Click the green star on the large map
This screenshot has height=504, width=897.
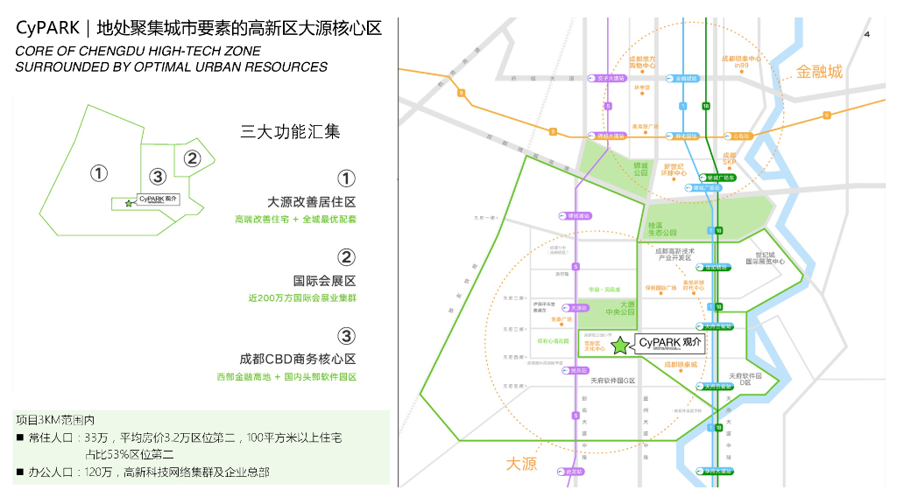tap(620, 346)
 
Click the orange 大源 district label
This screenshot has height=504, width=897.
tap(521, 463)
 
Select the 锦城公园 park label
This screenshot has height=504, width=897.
tap(641, 169)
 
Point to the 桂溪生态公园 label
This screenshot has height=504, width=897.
tap(662, 229)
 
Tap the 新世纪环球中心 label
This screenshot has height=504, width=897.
tap(674, 169)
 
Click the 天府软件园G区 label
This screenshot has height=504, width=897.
tap(611, 381)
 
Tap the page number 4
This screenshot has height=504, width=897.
tap(866, 34)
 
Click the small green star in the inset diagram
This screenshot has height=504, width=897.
tap(130, 203)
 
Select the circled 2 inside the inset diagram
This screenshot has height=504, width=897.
tap(192, 158)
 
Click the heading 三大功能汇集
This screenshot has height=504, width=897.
tap(290, 132)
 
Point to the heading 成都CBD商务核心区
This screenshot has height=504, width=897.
tap(298, 359)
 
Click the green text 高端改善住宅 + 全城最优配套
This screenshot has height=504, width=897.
tap(295, 219)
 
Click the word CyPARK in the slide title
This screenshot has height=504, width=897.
tap(48, 28)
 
